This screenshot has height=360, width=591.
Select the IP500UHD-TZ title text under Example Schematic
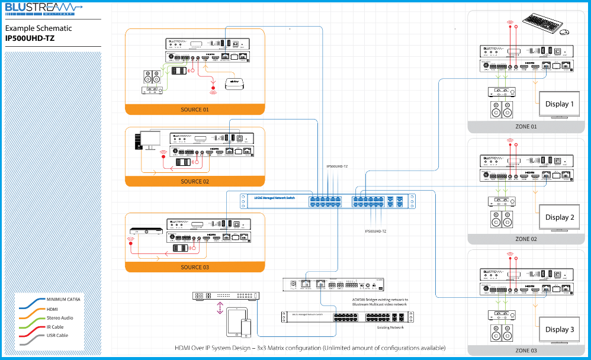pos(29,38)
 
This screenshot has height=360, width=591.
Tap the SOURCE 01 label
pos(194,110)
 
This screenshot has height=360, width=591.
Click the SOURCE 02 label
pos(194,182)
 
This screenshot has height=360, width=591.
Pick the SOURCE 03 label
pos(194,267)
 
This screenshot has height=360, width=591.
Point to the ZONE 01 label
pos(526,127)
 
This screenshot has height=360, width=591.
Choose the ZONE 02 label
pos(526,239)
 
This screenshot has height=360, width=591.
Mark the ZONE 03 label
pos(526,351)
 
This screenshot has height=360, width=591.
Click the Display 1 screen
pos(560,105)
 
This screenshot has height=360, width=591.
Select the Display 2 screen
pos(560,217)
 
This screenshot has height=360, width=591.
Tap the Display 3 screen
pos(560,330)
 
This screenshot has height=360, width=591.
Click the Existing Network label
pos(390,327)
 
